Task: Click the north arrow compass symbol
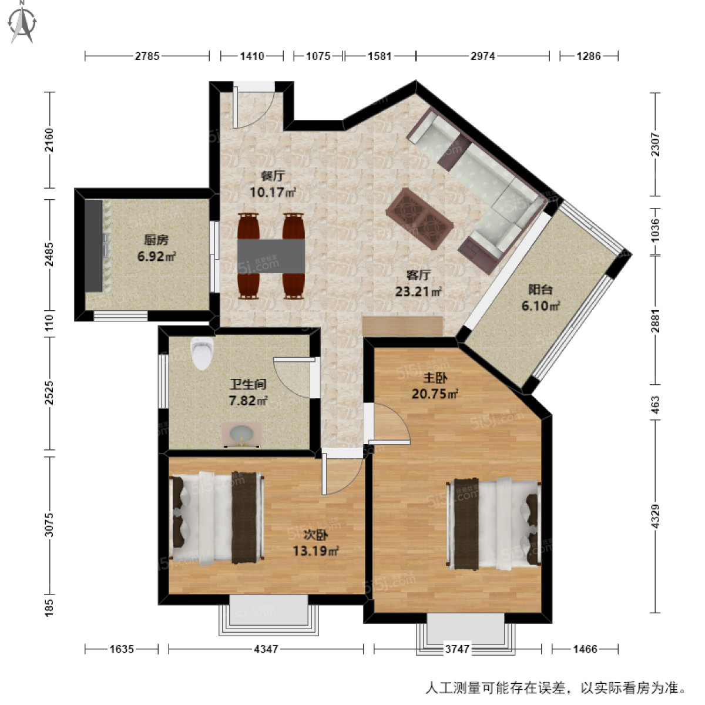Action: tap(22, 22)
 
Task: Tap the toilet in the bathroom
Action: tap(200, 353)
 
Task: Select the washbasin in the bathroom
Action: tap(242, 435)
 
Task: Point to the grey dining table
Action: tap(271, 256)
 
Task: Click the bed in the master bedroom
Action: tap(493, 524)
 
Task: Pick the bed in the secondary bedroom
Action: tap(216, 518)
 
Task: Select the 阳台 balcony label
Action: tap(539, 290)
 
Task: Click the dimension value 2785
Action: tap(147, 56)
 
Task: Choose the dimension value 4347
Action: tap(266, 649)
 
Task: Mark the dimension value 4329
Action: tap(656, 515)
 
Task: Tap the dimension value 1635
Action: tap(122, 649)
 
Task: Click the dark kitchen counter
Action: tap(93, 246)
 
